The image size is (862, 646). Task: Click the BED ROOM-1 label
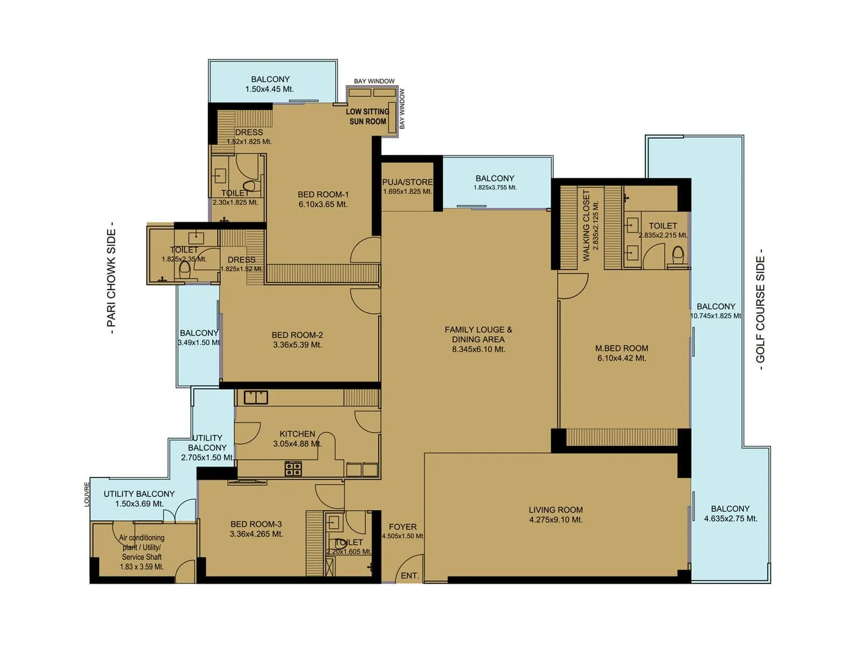click(x=323, y=194)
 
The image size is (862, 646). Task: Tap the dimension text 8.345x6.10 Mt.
click(x=478, y=349)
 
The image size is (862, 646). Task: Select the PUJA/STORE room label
click(x=407, y=182)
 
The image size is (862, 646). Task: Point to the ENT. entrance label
click(x=409, y=575)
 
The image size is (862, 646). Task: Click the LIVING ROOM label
click(x=555, y=510)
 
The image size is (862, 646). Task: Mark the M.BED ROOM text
click(x=622, y=348)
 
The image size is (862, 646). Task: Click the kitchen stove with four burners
click(x=293, y=468)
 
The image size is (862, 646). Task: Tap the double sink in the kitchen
click(x=256, y=397)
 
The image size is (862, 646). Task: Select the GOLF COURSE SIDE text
click(x=760, y=310)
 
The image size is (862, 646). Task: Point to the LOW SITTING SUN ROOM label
click(x=367, y=116)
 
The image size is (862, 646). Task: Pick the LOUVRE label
click(x=87, y=494)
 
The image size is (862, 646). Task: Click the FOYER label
click(x=402, y=527)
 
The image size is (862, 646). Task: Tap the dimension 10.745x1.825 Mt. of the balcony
click(x=715, y=316)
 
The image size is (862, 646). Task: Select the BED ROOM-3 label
click(x=256, y=524)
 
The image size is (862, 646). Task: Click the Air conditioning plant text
click(x=142, y=538)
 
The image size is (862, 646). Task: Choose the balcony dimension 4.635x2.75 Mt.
click(x=731, y=519)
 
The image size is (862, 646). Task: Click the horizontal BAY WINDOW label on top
click(x=374, y=81)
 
